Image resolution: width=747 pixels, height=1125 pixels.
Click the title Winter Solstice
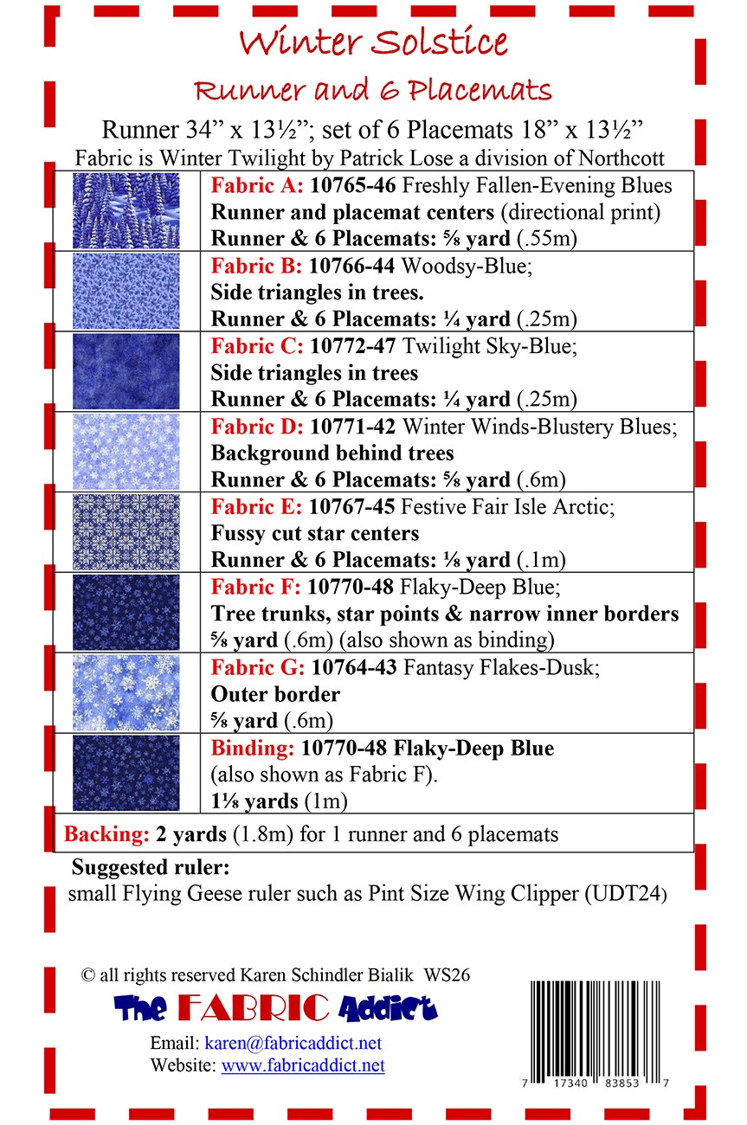tap(373, 41)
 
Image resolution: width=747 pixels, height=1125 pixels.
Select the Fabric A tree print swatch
tap(126, 210)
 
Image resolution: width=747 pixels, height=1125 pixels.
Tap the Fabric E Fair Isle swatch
tap(126, 531)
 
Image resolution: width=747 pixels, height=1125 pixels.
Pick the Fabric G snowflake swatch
tap(126, 692)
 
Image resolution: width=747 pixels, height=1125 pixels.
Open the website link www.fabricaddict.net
tap(303, 1065)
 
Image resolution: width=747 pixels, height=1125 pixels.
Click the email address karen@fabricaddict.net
tap(293, 1043)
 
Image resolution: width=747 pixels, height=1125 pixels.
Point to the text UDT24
tap(629, 894)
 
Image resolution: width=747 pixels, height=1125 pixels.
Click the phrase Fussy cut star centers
tap(315, 533)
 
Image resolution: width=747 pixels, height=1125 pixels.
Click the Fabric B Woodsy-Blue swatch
tap(126, 291)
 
